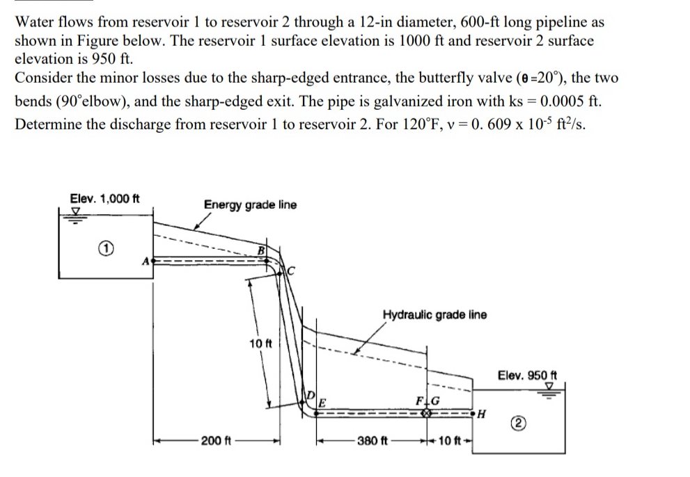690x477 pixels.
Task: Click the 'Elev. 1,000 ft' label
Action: point(104,198)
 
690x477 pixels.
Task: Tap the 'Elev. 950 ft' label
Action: point(524,375)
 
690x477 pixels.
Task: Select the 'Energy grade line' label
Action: point(250,204)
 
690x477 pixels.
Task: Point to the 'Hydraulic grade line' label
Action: point(434,314)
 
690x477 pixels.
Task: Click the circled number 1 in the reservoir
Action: point(103,248)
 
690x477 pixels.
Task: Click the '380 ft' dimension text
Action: point(372,440)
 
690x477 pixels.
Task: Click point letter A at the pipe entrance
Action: point(146,262)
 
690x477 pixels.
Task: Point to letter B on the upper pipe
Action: point(262,250)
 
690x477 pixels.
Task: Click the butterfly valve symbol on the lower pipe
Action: point(425,412)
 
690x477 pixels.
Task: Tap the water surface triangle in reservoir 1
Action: point(77,213)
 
